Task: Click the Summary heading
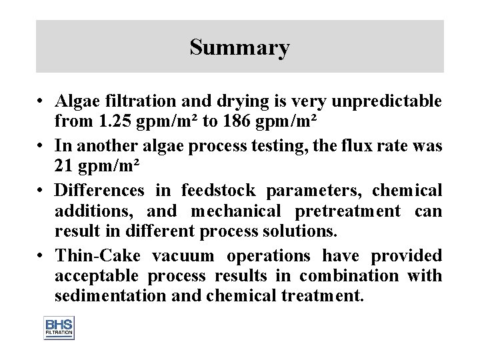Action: (x=239, y=47)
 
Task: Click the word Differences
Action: (x=99, y=191)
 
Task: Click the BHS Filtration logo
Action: (x=59, y=327)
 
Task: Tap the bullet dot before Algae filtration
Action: (x=41, y=102)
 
